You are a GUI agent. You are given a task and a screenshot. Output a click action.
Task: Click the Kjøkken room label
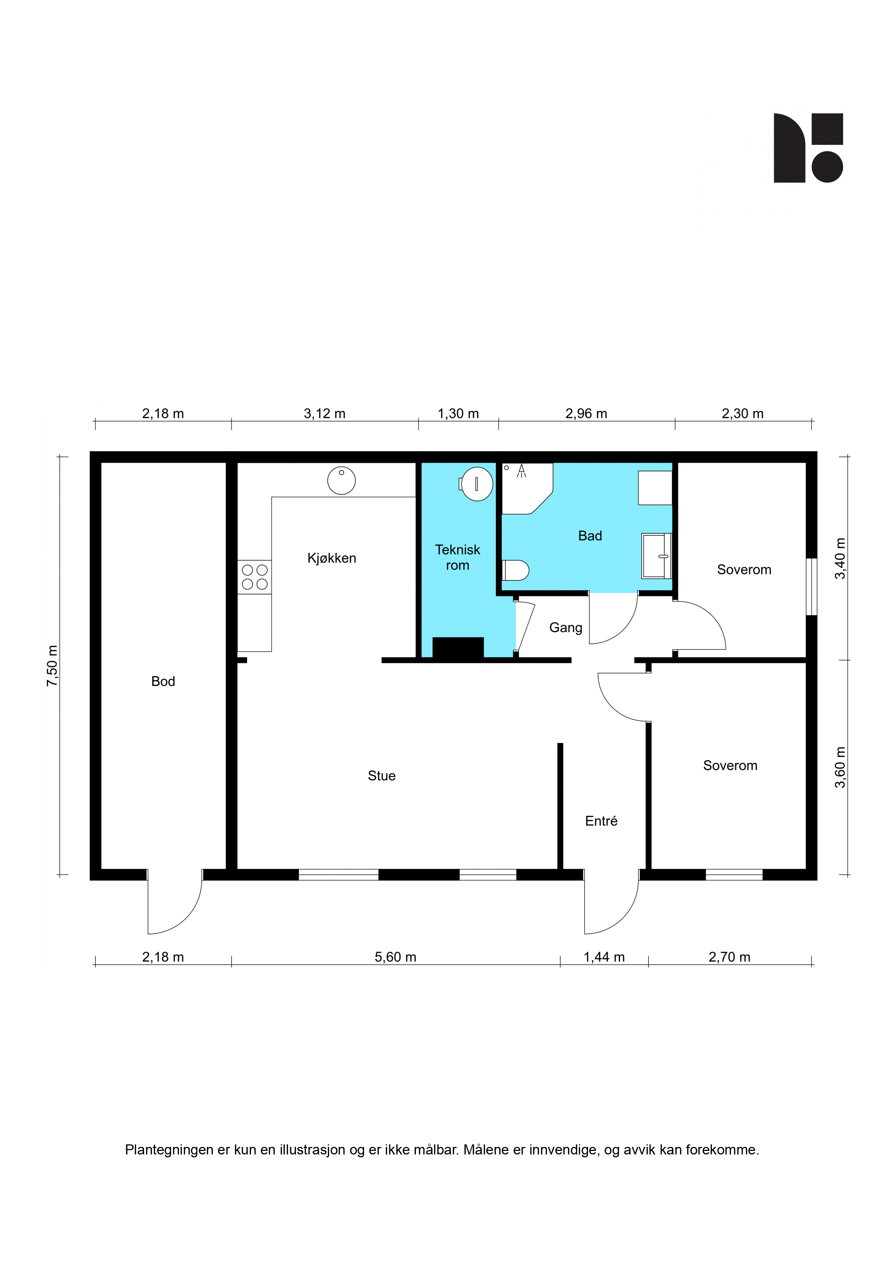[x=331, y=558]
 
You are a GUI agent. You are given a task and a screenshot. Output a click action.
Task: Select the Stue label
[x=381, y=776]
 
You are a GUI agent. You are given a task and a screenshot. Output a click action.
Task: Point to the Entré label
[x=601, y=821]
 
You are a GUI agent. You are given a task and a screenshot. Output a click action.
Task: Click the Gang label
[x=566, y=628]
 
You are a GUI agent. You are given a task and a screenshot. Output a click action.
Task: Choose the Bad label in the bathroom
[x=590, y=536]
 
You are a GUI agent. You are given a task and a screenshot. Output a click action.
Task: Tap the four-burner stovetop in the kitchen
[x=254, y=577]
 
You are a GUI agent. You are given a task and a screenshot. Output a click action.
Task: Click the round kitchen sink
[x=341, y=481]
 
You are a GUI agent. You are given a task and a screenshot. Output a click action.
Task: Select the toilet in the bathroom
[x=516, y=570]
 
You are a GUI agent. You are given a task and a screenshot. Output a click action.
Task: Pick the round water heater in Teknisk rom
[x=476, y=484]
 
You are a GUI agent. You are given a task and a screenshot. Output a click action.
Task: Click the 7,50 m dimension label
[x=52, y=666]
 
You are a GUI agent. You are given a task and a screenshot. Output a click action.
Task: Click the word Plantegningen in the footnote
[x=169, y=1150]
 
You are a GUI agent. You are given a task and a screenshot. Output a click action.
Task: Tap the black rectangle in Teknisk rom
[x=458, y=647]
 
